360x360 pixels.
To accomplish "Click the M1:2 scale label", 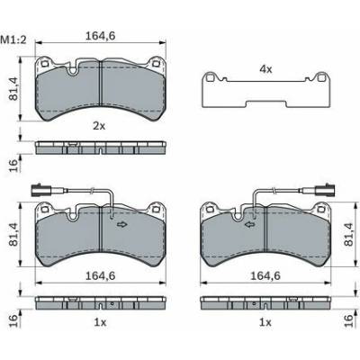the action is click(13, 40).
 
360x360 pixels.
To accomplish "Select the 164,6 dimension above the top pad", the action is click(101, 36).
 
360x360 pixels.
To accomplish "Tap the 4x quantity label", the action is click(265, 69).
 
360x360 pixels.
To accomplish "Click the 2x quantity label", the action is click(99, 126).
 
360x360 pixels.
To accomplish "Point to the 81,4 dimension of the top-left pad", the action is click(14, 88).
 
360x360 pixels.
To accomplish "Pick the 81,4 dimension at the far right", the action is click(348, 234).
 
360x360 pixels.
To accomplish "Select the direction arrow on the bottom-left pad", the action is click(121, 224).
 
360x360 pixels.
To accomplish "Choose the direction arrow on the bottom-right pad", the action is click(250, 224).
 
